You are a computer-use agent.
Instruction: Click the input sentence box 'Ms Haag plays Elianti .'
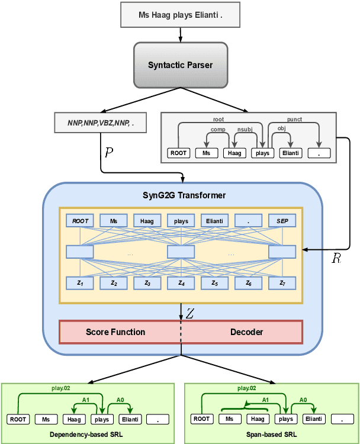click(180, 15)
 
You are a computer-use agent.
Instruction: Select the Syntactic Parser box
click(180, 65)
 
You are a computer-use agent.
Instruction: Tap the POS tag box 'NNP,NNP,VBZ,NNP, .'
click(101, 123)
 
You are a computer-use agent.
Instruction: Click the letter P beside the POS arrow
click(108, 152)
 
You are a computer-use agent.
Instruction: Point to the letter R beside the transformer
click(335, 259)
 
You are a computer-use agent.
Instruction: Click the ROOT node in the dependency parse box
click(178, 153)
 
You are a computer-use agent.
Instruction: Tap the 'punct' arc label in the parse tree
click(294, 119)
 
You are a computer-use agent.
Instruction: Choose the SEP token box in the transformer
click(282, 221)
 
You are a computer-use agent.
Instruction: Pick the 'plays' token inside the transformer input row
click(181, 221)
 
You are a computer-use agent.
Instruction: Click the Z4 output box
click(181, 284)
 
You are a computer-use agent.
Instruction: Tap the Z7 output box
click(282, 284)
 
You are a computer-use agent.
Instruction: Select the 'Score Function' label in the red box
click(115, 332)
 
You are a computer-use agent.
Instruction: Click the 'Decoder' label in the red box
click(246, 332)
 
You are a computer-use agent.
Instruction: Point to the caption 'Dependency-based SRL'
click(88, 434)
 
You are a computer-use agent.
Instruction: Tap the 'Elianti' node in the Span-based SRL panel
click(314, 419)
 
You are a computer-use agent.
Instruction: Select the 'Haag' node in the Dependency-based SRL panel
click(72, 420)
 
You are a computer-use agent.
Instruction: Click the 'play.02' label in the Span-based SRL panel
click(247, 388)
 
